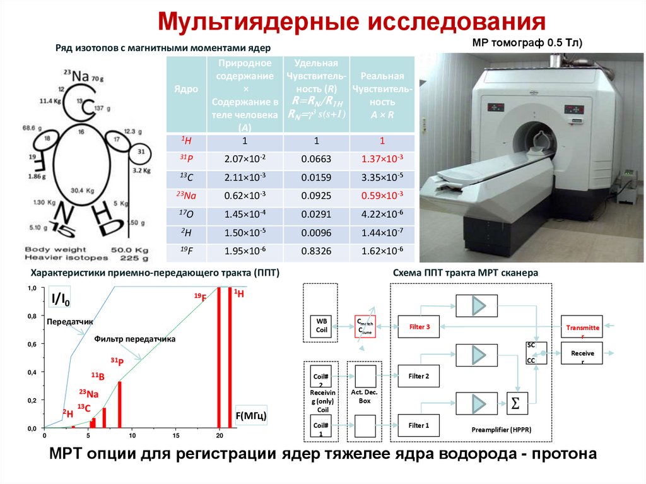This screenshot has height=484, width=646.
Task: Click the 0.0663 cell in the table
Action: [317, 159]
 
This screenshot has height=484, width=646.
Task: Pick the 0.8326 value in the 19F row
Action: [317, 251]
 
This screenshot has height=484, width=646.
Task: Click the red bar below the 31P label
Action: [120, 404]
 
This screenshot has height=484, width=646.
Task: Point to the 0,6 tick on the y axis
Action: [31, 345]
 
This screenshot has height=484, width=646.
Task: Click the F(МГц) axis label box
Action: [251, 416]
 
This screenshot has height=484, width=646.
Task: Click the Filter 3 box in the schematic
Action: [419, 327]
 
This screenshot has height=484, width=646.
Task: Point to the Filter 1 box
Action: [419, 425]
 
